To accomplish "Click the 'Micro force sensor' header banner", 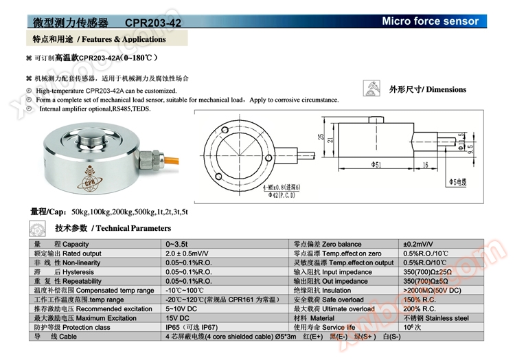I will [430, 21].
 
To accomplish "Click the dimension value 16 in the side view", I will [426, 165].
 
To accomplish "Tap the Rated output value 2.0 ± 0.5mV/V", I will [187, 254].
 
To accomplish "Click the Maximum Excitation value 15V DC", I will [178, 319].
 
